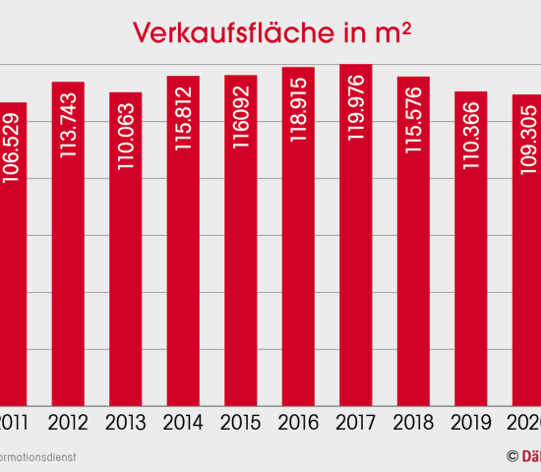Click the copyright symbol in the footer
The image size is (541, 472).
(x=511, y=456)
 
